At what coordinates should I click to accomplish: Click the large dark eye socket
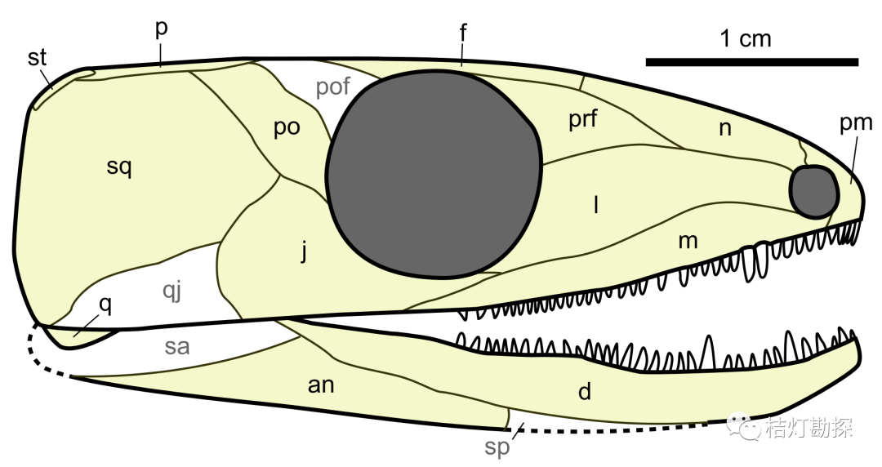pos(434,175)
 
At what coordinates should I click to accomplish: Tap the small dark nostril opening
pos(814,192)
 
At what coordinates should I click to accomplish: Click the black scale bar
pos(752,62)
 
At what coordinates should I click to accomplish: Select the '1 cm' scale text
pos(746,38)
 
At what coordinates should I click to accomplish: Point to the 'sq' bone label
pos(119,167)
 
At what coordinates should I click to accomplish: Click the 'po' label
pos(287,128)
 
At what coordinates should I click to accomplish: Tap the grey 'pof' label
pos(332,87)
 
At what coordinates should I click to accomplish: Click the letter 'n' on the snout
pos(726,129)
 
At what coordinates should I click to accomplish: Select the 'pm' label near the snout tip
pos(856,123)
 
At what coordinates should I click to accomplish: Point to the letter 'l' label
pos(595,205)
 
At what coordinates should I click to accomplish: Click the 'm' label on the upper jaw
pos(688,242)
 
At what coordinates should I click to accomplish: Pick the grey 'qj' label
pos(172,291)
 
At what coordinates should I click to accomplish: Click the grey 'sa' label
pos(176,347)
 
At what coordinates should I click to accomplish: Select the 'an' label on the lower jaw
pos(321,385)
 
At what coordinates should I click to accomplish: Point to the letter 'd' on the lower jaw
pos(585,390)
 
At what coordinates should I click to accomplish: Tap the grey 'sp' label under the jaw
pos(497,448)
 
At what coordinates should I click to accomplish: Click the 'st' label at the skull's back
pos(37,57)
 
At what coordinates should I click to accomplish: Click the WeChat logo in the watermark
pos(741,427)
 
